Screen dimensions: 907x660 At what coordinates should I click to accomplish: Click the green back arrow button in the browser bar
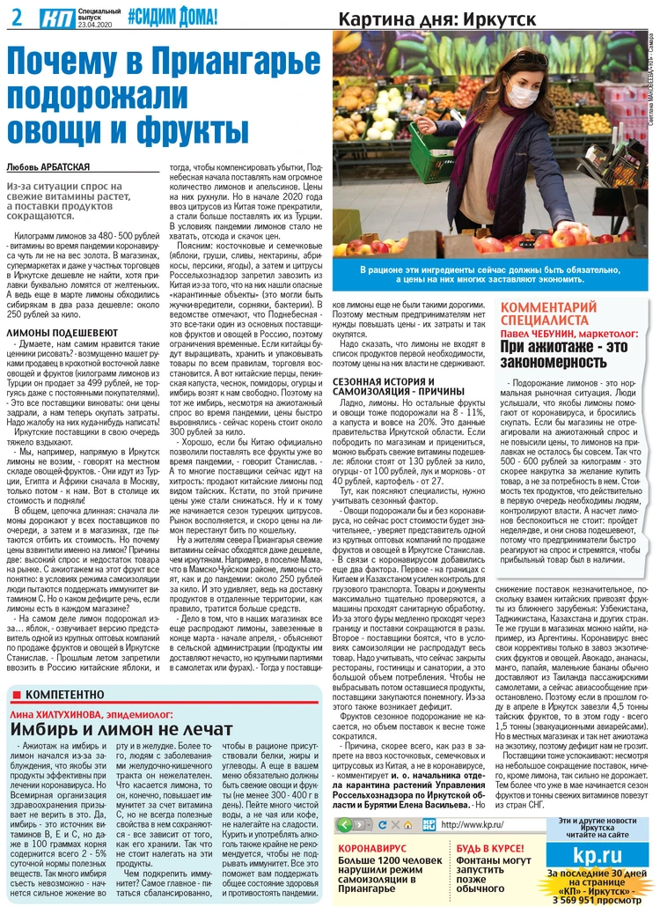click(x=345, y=824)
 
